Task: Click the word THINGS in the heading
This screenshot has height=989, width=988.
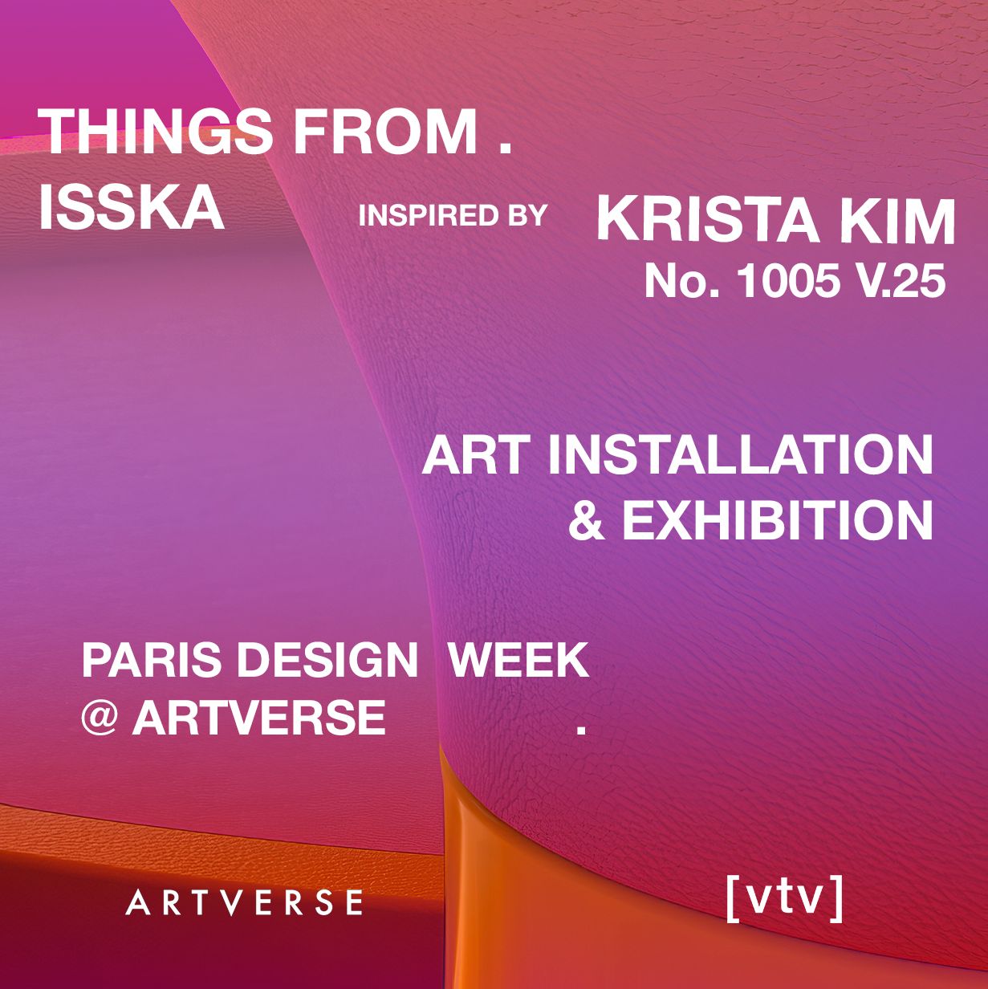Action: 156,131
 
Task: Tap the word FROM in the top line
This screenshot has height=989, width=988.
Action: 385,131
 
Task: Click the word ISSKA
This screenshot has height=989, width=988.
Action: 132,207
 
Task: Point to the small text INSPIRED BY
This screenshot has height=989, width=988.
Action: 452,216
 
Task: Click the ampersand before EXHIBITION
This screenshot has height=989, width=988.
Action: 587,520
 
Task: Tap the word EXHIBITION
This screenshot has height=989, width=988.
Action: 778,520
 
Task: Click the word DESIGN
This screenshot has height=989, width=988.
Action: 327,660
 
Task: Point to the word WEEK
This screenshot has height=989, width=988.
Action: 518,660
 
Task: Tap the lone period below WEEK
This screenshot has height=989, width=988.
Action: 581,728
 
